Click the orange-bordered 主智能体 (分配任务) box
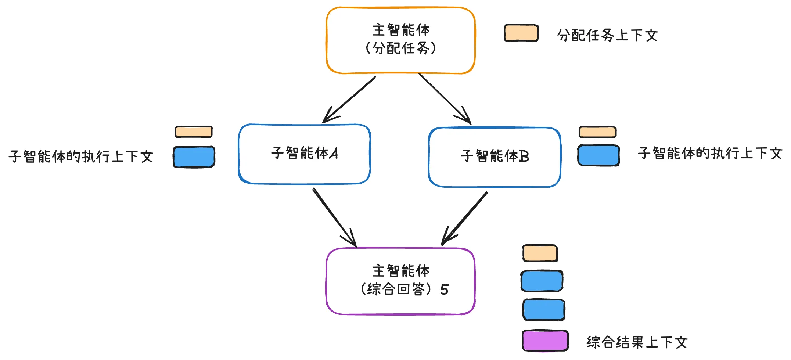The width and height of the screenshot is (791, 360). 400,40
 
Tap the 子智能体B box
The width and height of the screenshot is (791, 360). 495,157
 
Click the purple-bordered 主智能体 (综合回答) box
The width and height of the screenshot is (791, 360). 400,281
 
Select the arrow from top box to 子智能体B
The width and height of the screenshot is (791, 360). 445,98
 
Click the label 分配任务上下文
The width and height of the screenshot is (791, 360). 607,36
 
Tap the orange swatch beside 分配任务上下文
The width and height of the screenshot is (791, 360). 521,33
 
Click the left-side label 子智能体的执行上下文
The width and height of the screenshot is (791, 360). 81,156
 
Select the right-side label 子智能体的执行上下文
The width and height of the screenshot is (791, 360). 710,154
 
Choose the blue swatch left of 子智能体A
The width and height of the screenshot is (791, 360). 194,157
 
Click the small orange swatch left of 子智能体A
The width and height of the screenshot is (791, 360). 194,132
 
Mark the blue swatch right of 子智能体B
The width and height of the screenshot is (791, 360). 598,155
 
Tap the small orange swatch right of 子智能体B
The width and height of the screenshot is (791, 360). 597,132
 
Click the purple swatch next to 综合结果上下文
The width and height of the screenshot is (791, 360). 545,341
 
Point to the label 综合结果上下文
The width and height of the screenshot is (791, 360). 637,342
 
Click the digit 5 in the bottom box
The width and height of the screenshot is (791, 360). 444,289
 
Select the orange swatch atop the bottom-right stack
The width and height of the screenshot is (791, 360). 540,253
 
